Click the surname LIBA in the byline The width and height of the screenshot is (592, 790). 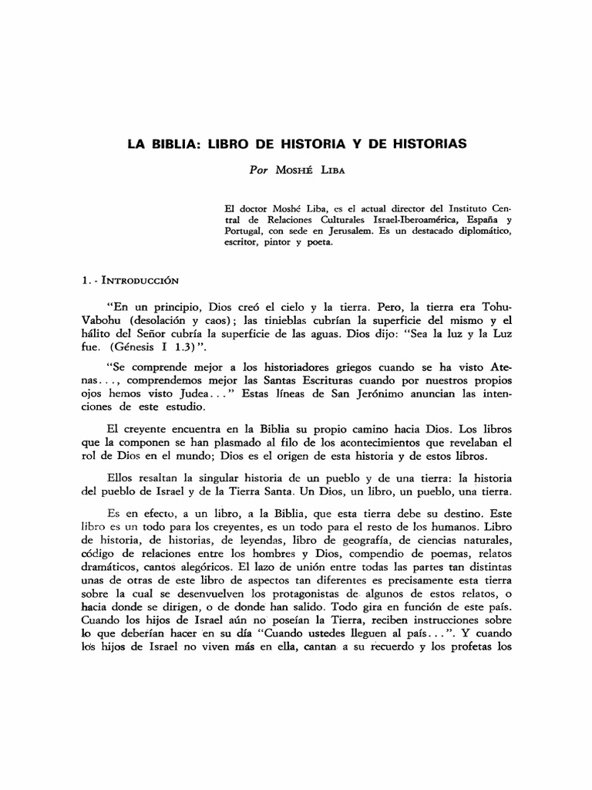[x=332, y=171]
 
